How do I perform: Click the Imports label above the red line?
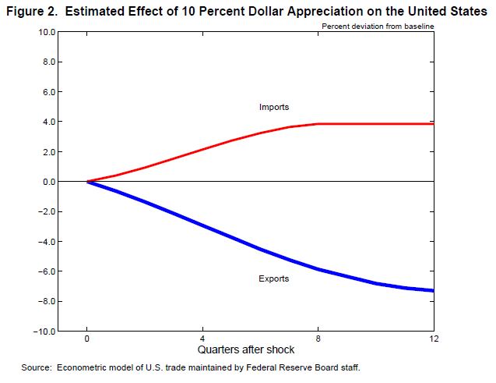click(x=274, y=107)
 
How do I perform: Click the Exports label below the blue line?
click(x=274, y=278)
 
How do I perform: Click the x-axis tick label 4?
click(x=202, y=339)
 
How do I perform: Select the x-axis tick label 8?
click(x=318, y=339)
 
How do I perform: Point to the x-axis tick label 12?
click(x=433, y=339)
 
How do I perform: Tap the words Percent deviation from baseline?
click(x=378, y=26)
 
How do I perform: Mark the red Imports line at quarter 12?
click(x=432, y=124)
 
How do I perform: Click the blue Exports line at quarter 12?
click(x=432, y=290)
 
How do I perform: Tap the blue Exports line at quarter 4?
click(x=202, y=225)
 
